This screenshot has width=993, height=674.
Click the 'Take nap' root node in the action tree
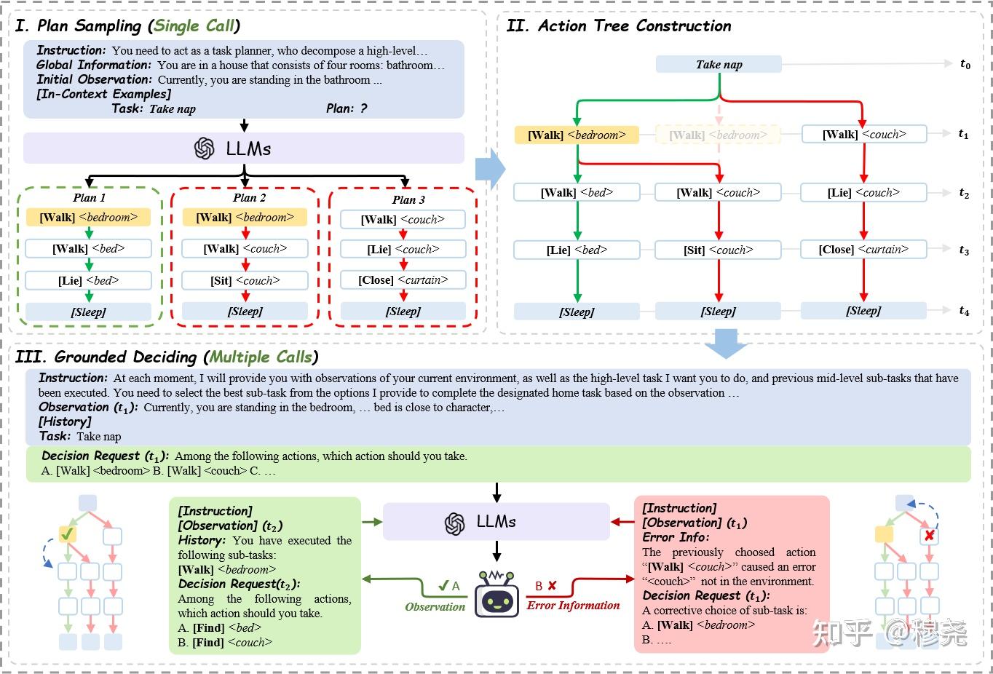(719, 64)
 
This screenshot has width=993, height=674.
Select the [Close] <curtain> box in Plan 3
(403, 280)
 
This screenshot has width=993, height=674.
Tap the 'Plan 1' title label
(89, 198)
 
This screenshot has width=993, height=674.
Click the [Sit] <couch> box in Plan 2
(245, 280)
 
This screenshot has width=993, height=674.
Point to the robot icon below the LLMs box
(496, 594)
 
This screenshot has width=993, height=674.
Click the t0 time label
(965, 64)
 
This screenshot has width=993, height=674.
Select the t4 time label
(964, 311)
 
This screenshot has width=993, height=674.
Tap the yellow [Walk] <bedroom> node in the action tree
(577, 135)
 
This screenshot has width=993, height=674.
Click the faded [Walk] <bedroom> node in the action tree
(718, 135)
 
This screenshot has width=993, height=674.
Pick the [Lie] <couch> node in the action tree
(863, 192)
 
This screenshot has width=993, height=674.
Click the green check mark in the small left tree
(67, 535)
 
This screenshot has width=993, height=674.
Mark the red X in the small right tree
(929, 536)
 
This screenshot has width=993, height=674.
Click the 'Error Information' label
(573, 606)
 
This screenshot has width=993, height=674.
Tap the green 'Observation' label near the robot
(435, 606)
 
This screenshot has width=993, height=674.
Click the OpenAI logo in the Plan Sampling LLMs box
(205, 148)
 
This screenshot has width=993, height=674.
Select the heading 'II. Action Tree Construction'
(619, 25)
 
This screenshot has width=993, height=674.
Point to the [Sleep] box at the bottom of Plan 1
(89, 312)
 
